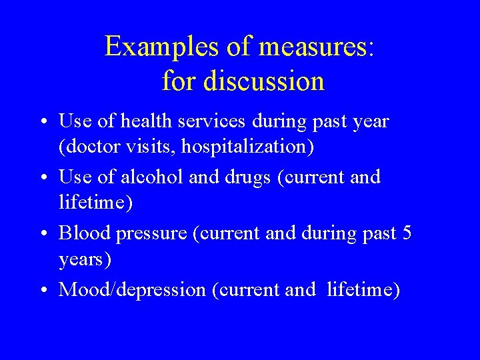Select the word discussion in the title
click(265, 81)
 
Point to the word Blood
click(84, 233)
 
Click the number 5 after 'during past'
click(406, 233)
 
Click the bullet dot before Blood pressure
click(41, 235)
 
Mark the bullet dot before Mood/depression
click(41, 291)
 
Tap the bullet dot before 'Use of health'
click(41, 123)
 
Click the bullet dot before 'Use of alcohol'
click(41, 179)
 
